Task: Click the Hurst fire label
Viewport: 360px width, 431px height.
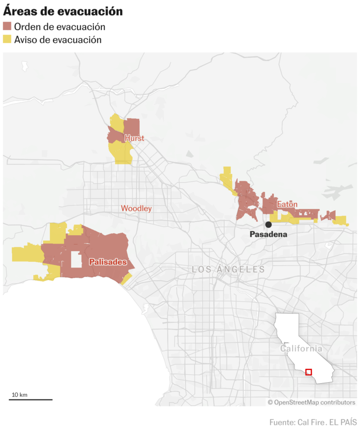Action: click(x=134, y=138)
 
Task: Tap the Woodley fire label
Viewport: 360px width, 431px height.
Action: click(x=136, y=208)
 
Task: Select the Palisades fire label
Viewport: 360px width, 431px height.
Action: click(x=108, y=262)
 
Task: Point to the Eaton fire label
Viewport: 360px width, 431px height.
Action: click(x=287, y=205)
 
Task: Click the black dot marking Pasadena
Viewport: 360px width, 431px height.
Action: click(x=269, y=225)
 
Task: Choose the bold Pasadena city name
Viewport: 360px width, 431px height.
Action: click(x=268, y=234)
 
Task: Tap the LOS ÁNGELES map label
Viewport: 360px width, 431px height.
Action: click(x=228, y=269)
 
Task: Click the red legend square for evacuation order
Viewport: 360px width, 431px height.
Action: click(x=7, y=27)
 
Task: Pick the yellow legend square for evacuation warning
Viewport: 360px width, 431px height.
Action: click(x=7, y=40)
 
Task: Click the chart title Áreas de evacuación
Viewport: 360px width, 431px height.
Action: click(x=63, y=11)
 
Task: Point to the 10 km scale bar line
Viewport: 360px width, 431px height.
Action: click(x=31, y=400)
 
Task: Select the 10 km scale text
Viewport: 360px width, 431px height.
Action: click(x=19, y=394)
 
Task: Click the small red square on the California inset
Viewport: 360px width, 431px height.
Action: click(x=308, y=372)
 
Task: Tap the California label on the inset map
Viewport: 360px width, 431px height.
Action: click(x=301, y=349)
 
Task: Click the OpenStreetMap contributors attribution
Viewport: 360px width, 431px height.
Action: click(x=311, y=402)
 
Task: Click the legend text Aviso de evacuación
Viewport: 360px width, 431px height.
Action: click(x=58, y=40)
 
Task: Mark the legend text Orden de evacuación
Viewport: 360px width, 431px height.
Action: click(x=60, y=27)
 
